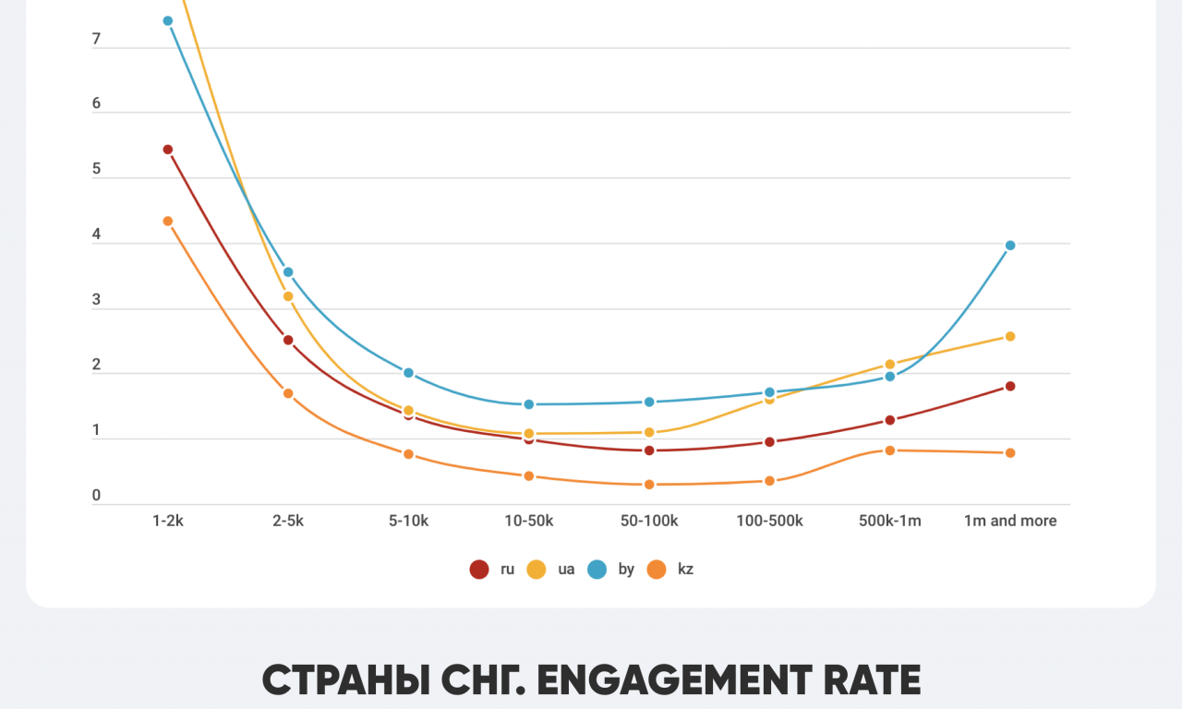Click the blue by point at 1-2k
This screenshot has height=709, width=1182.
pyautogui.click(x=168, y=21)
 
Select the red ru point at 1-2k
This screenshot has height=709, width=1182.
pyautogui.click(x=168, y=150)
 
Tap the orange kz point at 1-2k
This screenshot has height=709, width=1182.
pyautogui.click(x=168, y=222)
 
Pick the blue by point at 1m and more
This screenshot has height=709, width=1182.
pyautogui.click(x=1010, y=246)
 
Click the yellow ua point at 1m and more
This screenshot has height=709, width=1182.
pyautogui.click(x=1010, y=336)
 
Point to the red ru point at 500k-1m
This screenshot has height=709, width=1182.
pyautogui.click(x=890, y=420)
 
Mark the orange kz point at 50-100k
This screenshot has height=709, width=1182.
pyautogui.click(x=649, y=485)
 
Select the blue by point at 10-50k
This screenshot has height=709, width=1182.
pyautogui.click(x=529, y=404)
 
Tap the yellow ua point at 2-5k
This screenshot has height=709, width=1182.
pyautogui.click(x=288, y=296)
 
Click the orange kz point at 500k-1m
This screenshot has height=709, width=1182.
pyautogui.click(x=890, y=451)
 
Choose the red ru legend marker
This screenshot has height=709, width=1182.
pyautogui.click(x=479, y=570)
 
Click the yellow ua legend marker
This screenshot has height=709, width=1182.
pyautogui.click(x=537, y=570)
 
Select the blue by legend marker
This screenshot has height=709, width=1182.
pyautogui.click(x=597, y=570)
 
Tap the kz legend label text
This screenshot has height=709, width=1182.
pyautogui.click(x=685, y=570)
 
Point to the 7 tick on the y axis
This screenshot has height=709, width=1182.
pyautogui.click(x=96, y=41)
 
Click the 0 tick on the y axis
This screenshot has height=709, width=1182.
pyautogui.click(x=96, y=497)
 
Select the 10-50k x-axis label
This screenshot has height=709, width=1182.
pyautogui.click(x=529, y=521)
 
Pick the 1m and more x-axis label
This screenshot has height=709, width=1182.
pyautogui.click(x=1010, y=521)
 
